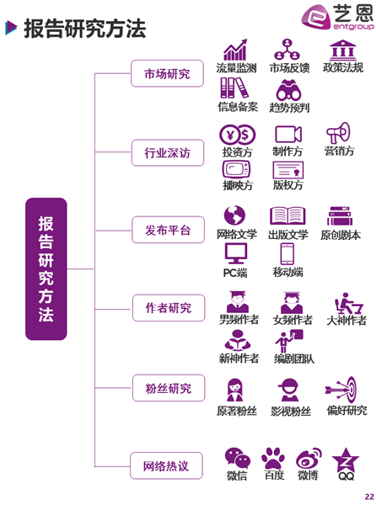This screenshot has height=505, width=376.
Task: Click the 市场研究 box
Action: pos(167,73)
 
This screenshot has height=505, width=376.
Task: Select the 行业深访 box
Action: pos(168,152)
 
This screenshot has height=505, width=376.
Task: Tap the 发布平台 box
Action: pos(168,230)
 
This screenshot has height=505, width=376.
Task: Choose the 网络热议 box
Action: pos(166,465)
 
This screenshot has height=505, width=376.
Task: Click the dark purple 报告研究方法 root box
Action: pos(46,269)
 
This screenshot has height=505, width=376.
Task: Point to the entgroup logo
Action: pos(337,18)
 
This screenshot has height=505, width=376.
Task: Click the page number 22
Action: pos(369,497)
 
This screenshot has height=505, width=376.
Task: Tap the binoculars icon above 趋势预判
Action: pos(288,90)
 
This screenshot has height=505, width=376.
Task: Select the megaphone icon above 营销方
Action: pos(338,132)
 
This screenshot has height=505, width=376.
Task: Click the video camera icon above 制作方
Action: pos(288,134)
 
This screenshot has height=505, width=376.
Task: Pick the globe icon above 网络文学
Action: pos(234,215)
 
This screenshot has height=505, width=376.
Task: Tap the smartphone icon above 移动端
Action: pos(287,254)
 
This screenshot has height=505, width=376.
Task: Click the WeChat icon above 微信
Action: pos(238,458)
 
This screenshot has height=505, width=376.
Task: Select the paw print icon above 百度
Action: pos(273,458)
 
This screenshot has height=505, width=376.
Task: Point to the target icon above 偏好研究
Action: pos(341,390)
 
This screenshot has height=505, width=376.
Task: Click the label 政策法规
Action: pos(343,67)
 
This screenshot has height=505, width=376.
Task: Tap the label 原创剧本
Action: pos(341,235)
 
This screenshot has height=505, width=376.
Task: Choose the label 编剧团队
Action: pos(293,359)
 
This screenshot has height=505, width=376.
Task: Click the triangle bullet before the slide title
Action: pos(11,28)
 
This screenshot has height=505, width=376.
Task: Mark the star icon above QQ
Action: pos(346,460)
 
